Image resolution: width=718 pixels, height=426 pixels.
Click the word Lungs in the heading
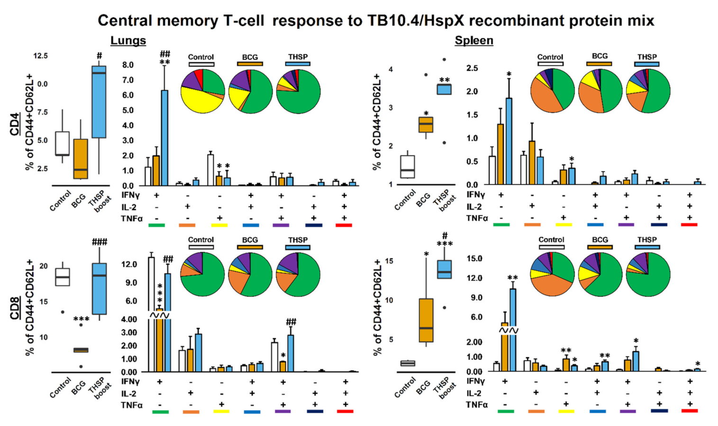[128, 41]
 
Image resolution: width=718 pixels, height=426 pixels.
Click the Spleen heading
[474, 41]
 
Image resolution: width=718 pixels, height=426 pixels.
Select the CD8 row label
[15, 308]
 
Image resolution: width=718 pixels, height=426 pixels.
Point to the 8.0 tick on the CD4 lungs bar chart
[128, 65]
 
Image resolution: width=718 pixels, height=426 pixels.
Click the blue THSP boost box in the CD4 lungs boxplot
[99, 102]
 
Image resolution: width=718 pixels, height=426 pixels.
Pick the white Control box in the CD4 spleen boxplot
[408, 166]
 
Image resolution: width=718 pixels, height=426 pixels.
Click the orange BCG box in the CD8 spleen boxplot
[426, 320]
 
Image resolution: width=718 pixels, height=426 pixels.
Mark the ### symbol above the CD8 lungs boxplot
[100, 242]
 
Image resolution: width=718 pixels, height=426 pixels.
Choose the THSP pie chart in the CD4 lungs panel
[298, 91]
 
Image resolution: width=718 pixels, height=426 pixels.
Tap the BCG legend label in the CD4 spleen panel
[600, 56]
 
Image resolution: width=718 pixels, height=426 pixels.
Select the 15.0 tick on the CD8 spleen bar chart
[474, 259]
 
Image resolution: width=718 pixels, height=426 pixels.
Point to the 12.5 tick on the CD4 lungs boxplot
[40, 56]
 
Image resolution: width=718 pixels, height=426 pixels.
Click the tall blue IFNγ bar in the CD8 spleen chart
[513, 308]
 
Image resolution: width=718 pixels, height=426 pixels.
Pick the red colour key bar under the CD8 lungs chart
[345, 411]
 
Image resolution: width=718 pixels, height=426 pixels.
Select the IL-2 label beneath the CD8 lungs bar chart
[129, 393]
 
